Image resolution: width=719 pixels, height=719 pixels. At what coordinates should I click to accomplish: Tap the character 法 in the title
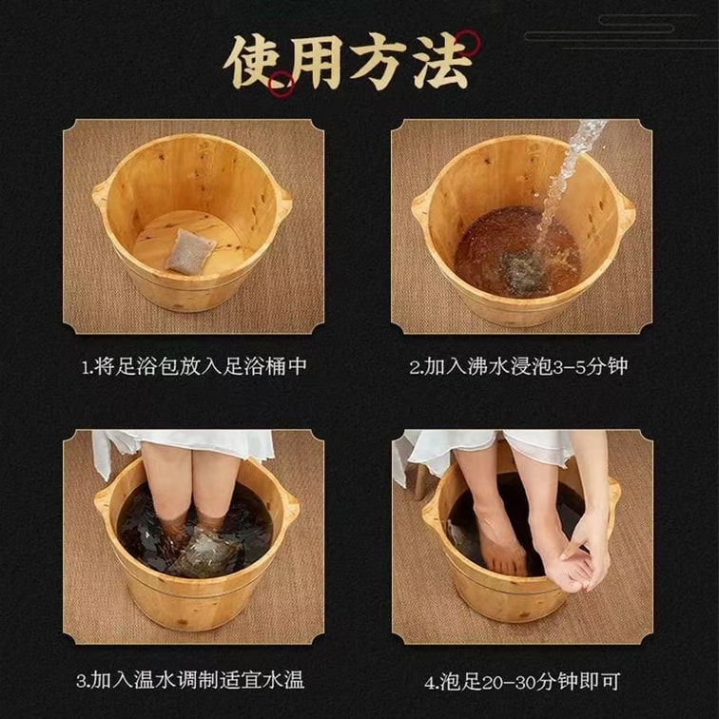(x=442, y=62)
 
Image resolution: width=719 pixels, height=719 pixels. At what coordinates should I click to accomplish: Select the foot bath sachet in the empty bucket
(x=190, y=251)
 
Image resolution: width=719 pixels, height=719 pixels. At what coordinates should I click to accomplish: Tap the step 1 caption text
(x=193, y=367)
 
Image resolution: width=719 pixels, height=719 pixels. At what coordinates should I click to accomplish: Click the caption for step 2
(x=519, y=367)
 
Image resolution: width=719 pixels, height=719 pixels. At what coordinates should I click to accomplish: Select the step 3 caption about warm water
(x=190, y=681)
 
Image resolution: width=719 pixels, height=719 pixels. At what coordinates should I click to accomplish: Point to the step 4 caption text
(x=523, y=681)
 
